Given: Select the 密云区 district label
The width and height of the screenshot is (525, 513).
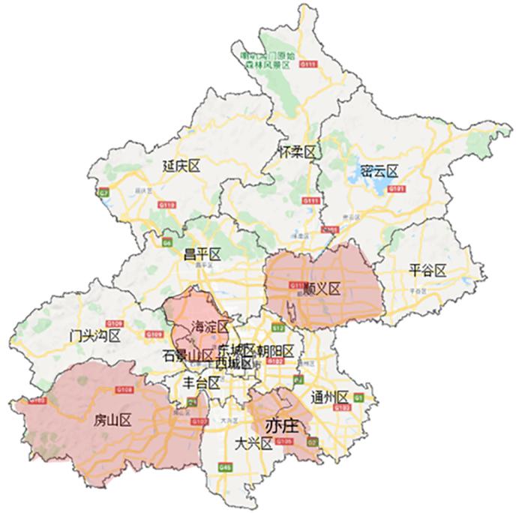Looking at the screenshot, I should tap(378, 171).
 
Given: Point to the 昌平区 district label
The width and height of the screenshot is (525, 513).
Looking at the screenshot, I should tap(202, 254).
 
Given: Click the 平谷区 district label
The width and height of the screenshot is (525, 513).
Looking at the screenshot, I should tap(428, 269).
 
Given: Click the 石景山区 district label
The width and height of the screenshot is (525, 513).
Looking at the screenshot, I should tap(188, 355).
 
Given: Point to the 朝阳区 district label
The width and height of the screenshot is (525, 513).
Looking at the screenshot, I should tap(274, 351).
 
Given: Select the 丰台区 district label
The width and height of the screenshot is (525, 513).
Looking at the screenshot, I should tap(202, 382).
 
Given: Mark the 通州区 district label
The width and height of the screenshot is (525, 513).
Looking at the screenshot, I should tap(331, 397).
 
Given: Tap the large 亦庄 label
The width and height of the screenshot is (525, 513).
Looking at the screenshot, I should tap(282, 425).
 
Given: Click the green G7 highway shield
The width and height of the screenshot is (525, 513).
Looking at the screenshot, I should tap(103, 193).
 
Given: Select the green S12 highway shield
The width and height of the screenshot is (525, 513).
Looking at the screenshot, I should tap(278, 328).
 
